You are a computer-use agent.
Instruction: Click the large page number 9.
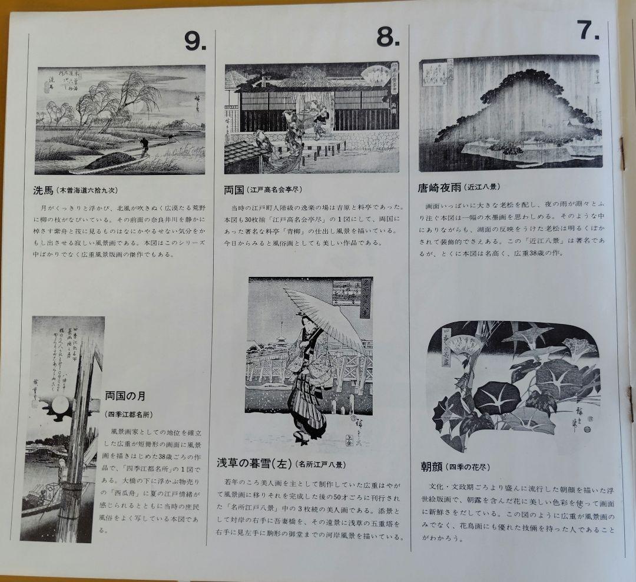[x=195, y=40]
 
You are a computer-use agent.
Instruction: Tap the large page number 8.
[x=388, y=38]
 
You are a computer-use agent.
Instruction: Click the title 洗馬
[x=44, y=191]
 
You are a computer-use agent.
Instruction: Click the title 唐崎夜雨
[x=438, y=187]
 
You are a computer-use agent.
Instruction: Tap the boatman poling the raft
[x=143, y=145]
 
